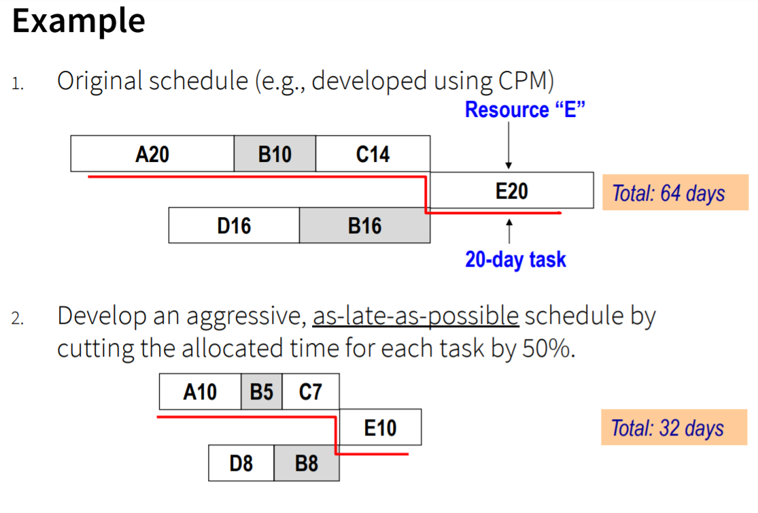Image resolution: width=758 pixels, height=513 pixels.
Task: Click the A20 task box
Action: pos(152,154)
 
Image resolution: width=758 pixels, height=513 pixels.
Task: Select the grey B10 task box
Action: pos(275,154)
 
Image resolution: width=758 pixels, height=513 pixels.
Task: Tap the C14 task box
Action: pos(373,154)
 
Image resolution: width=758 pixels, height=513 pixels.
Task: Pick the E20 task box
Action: pos(511,191)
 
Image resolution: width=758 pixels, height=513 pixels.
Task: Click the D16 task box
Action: pos(234,225)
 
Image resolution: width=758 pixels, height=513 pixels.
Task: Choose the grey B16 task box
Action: pos(364,225)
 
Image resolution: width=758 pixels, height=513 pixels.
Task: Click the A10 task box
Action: pos(200,392)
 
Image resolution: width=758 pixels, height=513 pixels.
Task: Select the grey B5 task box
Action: pos(262,392)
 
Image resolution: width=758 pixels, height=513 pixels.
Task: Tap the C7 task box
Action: pos(310,392)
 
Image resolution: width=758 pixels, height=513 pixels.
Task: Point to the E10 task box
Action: pos(380,427)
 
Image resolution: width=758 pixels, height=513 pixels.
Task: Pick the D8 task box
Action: pos(241,463)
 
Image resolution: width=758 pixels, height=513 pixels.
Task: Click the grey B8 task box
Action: pos(307,463)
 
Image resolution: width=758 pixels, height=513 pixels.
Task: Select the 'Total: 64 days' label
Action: pos(668,193)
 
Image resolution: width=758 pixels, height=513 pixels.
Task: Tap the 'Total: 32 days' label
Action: pos(667,428)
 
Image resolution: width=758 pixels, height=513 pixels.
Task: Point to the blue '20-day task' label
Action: pos(515,259)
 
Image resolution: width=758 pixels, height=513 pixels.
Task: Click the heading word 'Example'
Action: pos(78,21)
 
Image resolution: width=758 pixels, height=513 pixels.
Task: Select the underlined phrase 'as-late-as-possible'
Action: pos(415,316)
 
